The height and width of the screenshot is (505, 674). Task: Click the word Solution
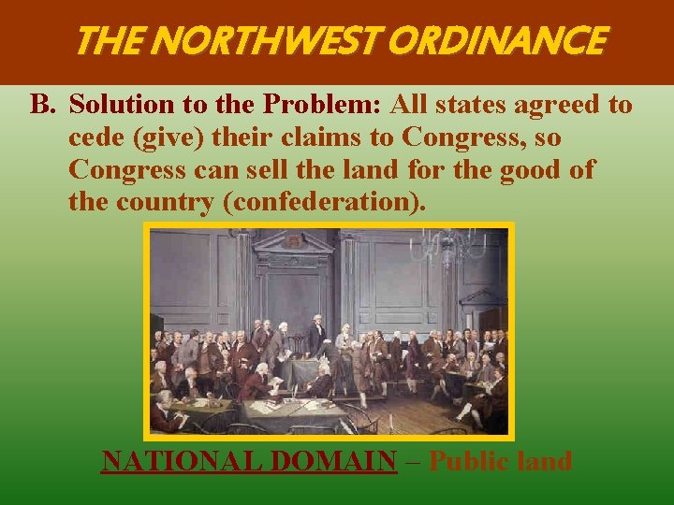tap(115, 104)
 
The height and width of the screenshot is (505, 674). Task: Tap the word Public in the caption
tap(471, 461)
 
